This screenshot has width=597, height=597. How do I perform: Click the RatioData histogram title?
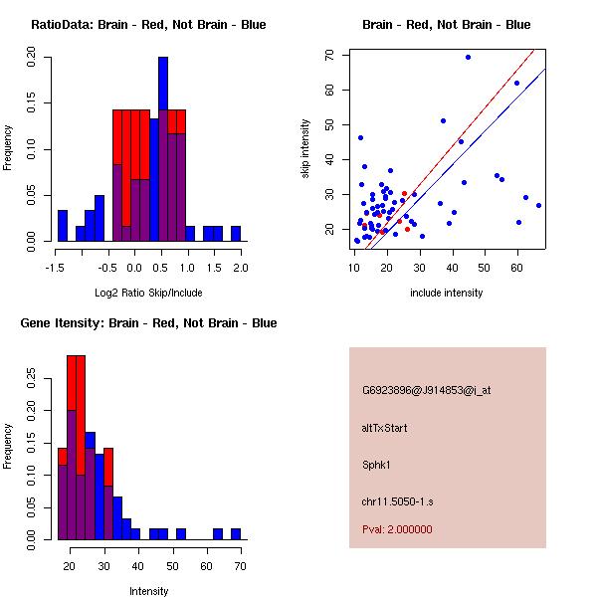(148, 25)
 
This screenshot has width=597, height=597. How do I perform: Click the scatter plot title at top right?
(446, 25)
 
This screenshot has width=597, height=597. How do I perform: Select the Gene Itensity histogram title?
(148, 323)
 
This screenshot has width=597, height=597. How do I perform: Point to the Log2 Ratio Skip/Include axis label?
(148, 293)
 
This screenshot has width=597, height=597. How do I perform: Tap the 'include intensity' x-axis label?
(447, 293)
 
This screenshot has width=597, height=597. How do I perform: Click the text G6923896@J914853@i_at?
(427, 390)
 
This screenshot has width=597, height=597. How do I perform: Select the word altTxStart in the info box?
(385, 428)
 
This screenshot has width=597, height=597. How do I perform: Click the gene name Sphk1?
(377, 464)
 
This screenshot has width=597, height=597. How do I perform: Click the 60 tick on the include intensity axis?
(517, 267)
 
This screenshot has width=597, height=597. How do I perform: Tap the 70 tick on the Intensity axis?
(240, 566)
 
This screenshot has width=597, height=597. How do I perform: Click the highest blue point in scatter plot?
(468, 57)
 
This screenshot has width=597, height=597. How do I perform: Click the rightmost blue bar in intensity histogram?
(236, 534)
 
